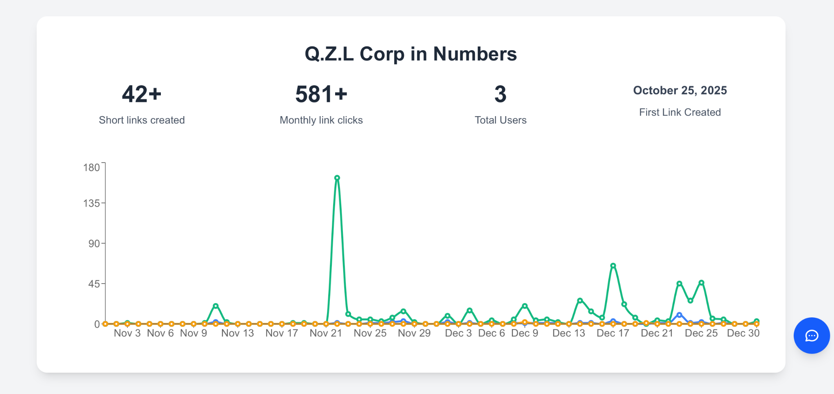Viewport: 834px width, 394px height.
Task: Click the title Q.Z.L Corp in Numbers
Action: coord(410,54)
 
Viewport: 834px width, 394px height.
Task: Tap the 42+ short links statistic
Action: coord(142,94)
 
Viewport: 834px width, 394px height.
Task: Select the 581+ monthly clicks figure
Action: coord(321,94)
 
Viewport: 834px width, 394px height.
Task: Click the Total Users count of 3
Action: coord(500,94)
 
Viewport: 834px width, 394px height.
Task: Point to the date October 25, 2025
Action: coord(680,90)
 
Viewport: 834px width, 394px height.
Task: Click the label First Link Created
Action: coord(680,112)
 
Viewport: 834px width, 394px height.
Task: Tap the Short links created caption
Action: coord(142,120)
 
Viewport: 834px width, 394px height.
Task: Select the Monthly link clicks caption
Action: coord(321,120)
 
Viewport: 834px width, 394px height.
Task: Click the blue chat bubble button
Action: coord(812,336)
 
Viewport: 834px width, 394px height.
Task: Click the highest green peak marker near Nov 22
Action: coord(337,178)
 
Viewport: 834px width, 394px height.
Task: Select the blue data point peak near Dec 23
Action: coord(679,315)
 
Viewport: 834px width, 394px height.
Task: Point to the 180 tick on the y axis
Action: coord(91,167)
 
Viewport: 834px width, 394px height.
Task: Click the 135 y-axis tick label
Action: coord(91,203)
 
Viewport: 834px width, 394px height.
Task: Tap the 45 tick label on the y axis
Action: coord(94,284)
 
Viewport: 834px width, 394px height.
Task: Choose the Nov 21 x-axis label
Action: coord(326,333)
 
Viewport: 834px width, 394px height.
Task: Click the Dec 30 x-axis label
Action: coord(743,333)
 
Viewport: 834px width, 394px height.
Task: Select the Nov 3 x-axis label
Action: coord(127,333)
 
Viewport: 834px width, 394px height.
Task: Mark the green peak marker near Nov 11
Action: coord(216,306)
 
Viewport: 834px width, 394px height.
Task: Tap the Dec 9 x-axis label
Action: coord(525,333)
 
